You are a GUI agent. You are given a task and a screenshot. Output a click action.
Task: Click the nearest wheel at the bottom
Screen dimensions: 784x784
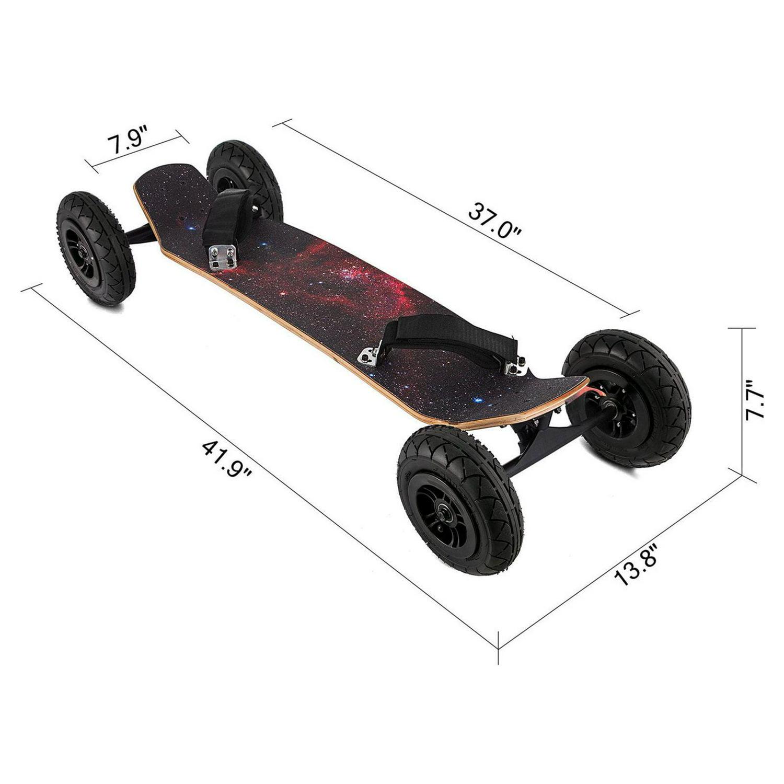tap(460, 500)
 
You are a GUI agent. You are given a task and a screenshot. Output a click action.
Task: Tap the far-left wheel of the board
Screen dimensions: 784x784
tap(96, 248)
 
